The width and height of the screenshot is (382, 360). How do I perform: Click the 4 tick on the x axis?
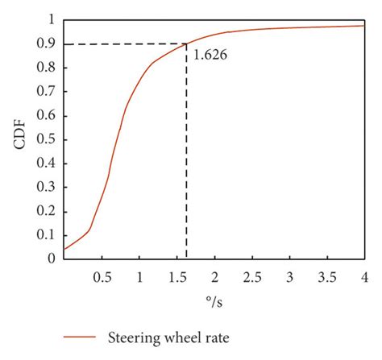point(364,277)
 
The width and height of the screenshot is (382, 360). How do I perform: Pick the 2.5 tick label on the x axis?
point(251,277)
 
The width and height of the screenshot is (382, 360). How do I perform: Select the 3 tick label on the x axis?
point(289,277)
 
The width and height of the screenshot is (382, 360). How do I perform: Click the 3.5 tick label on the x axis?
point(326,277)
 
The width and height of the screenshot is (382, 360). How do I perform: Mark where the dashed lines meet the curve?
point(186,44)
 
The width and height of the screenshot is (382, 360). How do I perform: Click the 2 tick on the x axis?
point(214,277)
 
